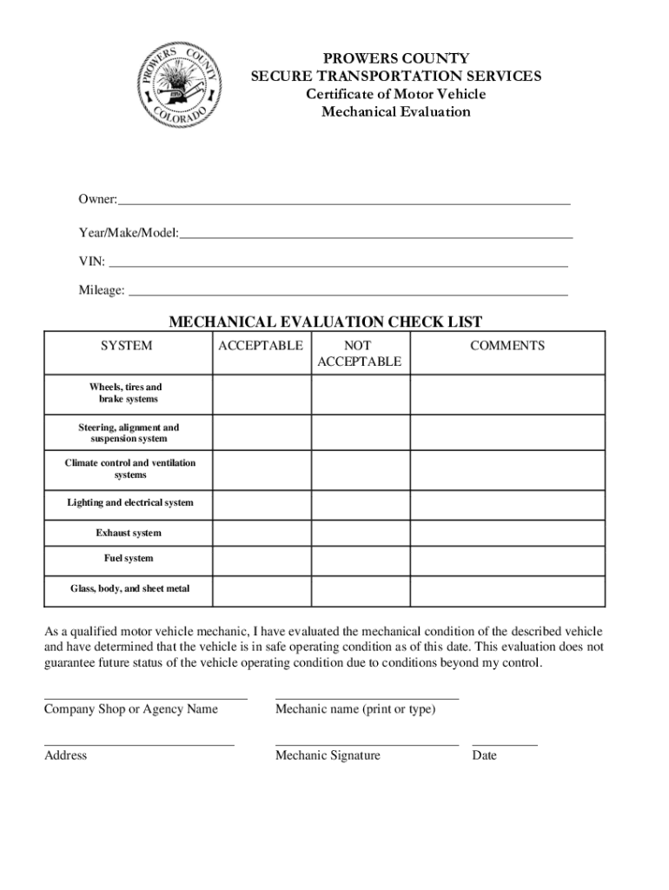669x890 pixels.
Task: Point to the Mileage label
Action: point(102,290)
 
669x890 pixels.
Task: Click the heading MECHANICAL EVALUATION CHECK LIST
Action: point(325,322)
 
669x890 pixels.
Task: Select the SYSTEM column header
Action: point(126,346)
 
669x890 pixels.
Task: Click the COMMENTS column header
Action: point(507,346)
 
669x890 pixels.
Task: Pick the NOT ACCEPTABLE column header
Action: point(359,354)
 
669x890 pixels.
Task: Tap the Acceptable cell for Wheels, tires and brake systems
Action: point(262,394)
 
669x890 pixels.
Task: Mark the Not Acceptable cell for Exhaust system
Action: point(360,533)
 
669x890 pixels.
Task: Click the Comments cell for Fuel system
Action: point(507,559)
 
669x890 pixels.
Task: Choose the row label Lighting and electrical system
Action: point(130,503)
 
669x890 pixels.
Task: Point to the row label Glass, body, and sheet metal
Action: point(129,589)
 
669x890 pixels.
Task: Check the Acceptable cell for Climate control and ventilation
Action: point(262,468)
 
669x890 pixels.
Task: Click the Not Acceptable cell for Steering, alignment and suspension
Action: point(360,433)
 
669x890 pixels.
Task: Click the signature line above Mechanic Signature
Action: point(367,744)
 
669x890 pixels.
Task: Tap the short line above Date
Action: point(504,744)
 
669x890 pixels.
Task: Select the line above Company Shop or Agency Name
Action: point(145,697)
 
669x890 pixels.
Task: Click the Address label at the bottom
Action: point(66,756)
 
